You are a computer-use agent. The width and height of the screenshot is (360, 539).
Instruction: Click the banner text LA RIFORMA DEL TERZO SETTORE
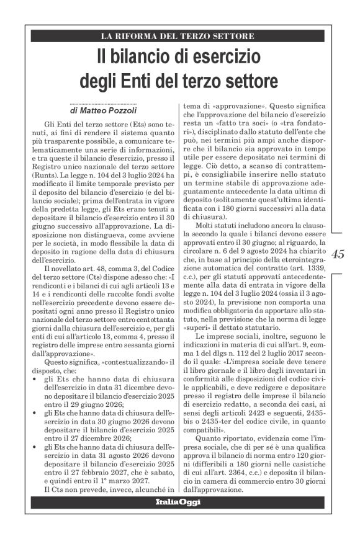point(179,36)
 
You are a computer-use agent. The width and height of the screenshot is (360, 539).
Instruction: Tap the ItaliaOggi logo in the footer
point(179,502)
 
